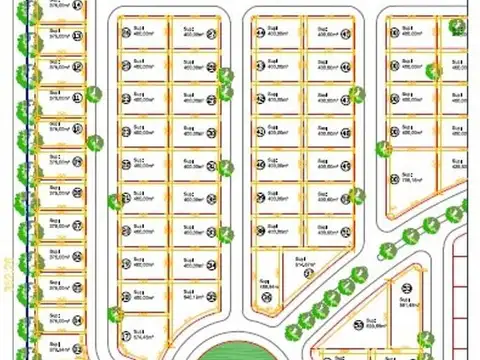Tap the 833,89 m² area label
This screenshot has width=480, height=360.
pyautogui.click(x=375, y=325)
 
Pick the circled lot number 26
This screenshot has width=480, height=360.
pyautogui.click(x=212, y=298)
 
